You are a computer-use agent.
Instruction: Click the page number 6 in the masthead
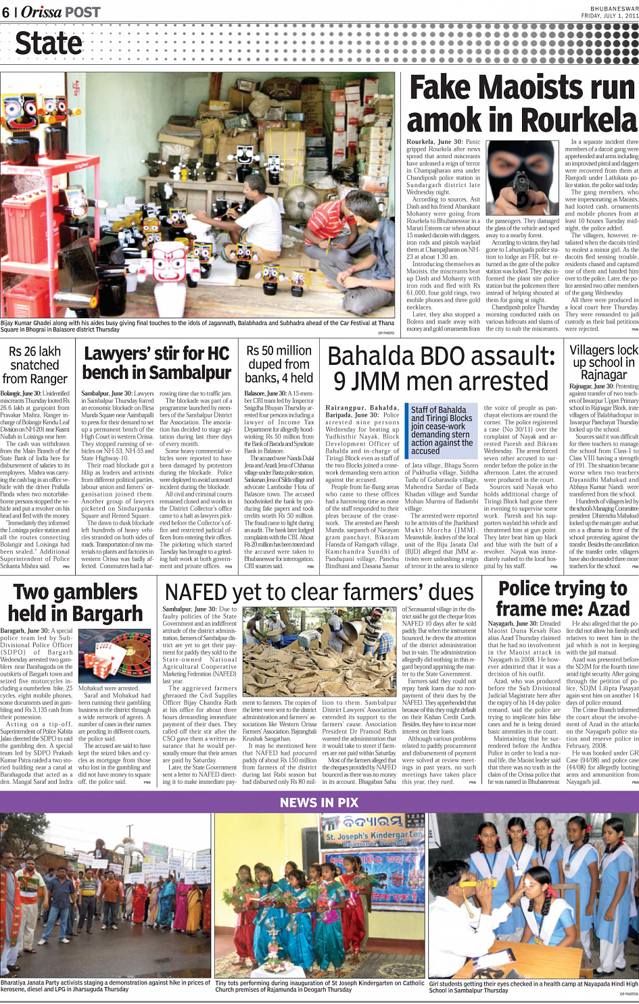tap(6, 12)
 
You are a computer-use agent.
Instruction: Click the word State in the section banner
tap(49, 44)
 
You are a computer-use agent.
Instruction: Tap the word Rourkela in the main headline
tap(579, 120)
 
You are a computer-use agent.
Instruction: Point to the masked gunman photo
tap(522, 177)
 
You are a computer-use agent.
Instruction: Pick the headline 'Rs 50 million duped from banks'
tap(279, 364)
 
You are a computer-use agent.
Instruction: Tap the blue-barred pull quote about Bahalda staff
tap(441, 430)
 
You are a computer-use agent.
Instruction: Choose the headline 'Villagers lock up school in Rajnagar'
tap(603, 362)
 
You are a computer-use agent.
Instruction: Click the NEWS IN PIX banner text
tap(319, 803)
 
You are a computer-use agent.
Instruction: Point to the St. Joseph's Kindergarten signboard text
tap(374, 837)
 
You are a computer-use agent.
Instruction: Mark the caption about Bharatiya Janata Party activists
tap(105, 986)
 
